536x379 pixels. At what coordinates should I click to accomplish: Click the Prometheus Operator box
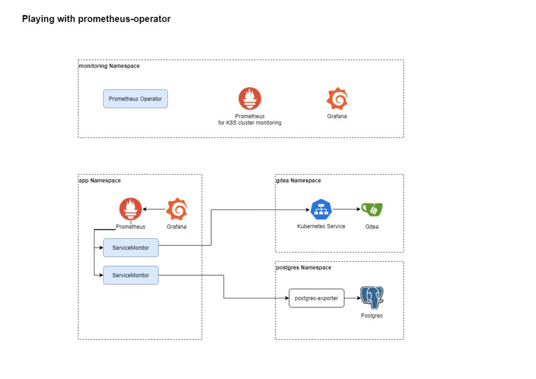coord(135,98)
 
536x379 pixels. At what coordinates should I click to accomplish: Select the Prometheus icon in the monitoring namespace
coord(250,98)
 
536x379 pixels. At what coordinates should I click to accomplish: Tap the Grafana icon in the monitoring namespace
coord(337,98)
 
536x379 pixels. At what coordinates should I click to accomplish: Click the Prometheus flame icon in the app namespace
coord(130,209)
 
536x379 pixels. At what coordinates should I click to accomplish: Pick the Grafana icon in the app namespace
coord(176,209)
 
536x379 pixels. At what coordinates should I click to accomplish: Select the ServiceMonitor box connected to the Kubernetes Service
coord(130,248)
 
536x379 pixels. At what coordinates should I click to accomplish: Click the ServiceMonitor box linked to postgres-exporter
coord(130,275)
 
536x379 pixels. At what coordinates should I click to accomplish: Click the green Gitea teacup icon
coord(372,209)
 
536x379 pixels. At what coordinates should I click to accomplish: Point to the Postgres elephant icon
coord(372,297)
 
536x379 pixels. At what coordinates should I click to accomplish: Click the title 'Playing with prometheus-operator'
coord(96,19)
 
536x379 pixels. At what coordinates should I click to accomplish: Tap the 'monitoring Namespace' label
coord(109,66)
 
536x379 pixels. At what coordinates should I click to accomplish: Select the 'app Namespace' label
coord(100,181)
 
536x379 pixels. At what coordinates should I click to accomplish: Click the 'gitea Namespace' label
coord(299,181)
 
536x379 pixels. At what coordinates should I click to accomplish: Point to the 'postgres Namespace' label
coord(304,267)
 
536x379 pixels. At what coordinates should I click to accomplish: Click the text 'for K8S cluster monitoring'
coord(250,123)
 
